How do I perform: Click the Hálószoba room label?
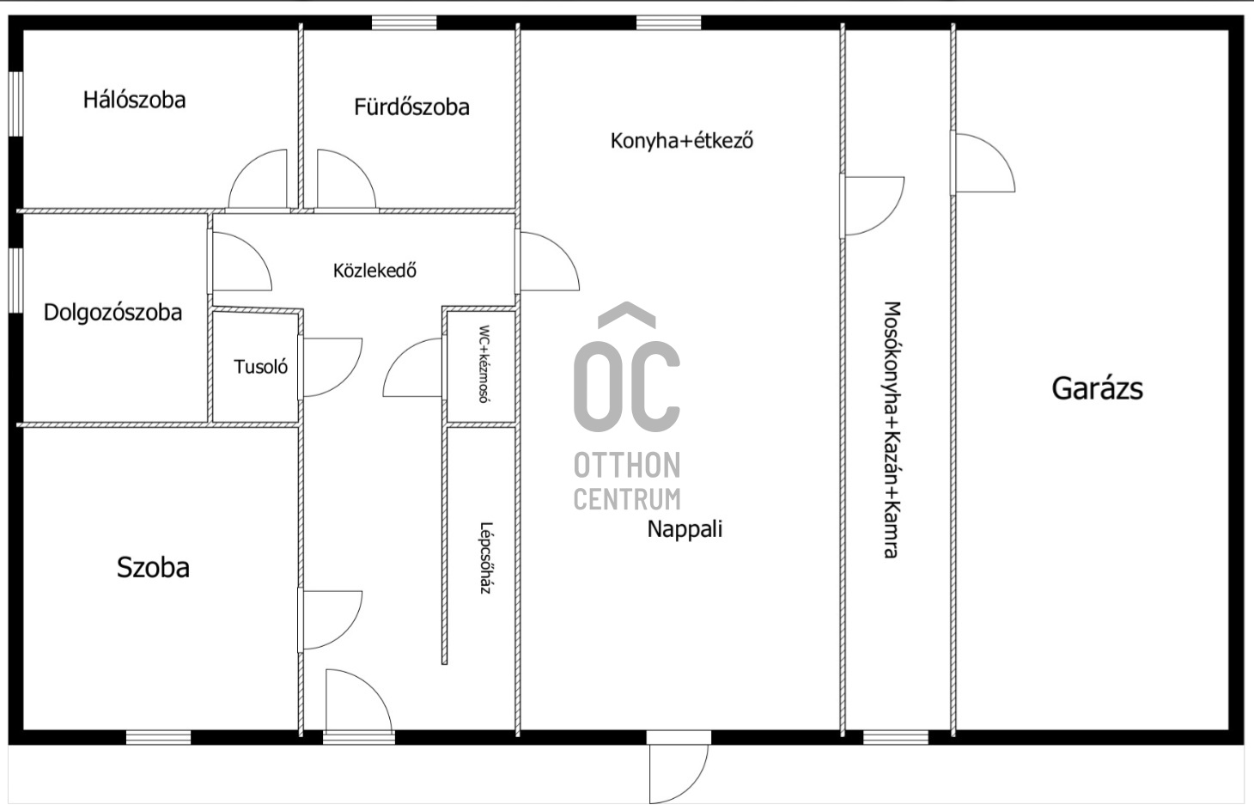(x=134, y=100)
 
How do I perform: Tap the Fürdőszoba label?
(x=411, y=107)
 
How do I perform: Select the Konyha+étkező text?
(x=681, y=140)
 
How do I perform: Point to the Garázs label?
(x=1098, y=388)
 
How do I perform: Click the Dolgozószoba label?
(x=113, y=313)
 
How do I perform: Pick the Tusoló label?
(x=260, y=367)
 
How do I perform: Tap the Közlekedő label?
(x=374, y=271)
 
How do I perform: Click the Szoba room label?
(x=153, y=567)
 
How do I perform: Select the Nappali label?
(x=685, y=529)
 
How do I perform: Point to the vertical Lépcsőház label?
(x=484, y=558)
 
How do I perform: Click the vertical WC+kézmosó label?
(x=484, y=364)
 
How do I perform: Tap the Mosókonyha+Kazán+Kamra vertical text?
(x=892, y=430)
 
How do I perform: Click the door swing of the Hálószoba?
(x=259, y=180)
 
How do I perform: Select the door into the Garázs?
(x=983, y=162)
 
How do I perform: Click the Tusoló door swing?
(x=332, y=368)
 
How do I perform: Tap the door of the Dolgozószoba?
(x=241, y=262)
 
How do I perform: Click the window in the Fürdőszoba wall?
(x=405, y=23)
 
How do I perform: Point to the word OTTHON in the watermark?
(x=627, y=466)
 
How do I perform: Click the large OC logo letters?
(x=627, y=387)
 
